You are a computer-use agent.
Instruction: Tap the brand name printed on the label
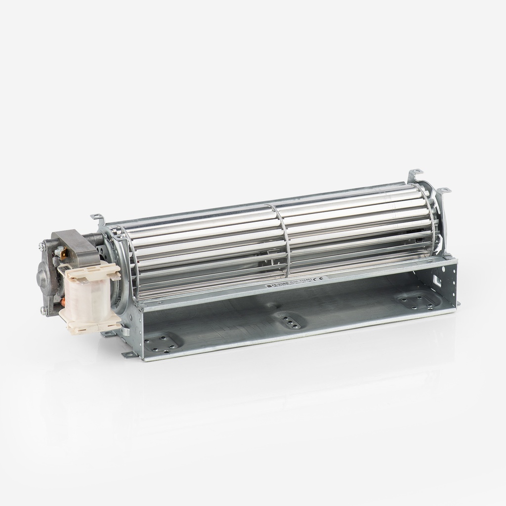coord(275,285)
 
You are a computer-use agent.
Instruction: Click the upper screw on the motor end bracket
coord(42,245)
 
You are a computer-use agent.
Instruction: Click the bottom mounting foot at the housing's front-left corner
coord(129,355)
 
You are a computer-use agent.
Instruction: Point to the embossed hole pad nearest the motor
coord(161,342)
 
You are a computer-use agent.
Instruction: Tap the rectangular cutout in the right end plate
coord(437,280)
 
